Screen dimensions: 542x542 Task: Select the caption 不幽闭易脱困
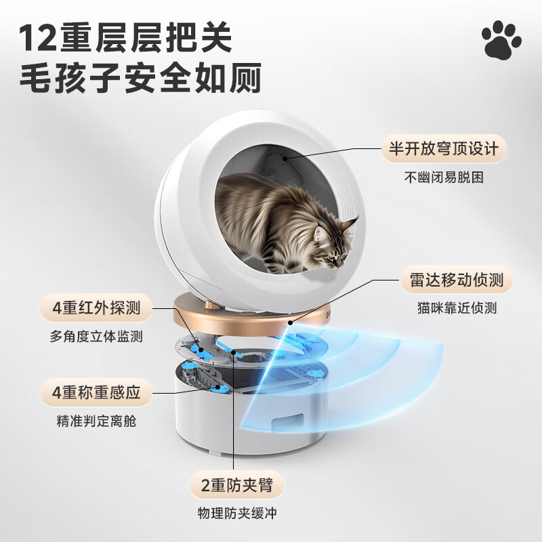445,178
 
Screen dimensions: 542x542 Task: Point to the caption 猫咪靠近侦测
457,308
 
